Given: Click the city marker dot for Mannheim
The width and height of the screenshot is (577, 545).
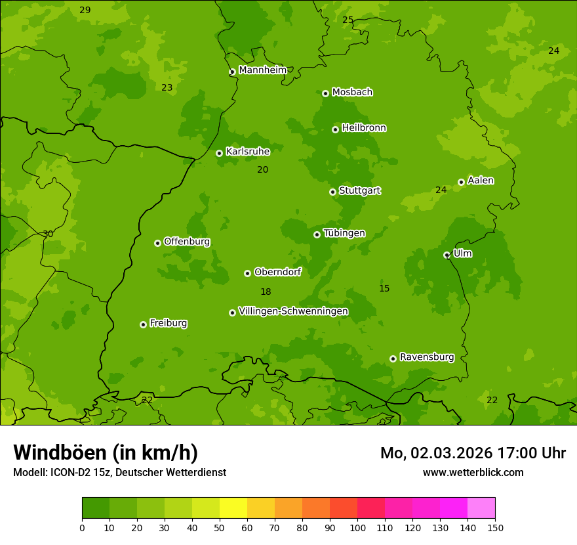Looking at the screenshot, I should tap(232, 72).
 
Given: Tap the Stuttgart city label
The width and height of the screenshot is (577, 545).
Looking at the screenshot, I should tap(359, 190).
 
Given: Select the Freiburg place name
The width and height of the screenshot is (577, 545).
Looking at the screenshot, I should tap(168, 323).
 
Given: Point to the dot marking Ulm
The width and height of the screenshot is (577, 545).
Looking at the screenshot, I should tap(447, 255).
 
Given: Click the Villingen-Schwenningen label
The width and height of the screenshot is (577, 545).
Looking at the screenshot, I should tap(293, 311).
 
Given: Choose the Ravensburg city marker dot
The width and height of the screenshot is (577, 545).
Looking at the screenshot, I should tap(393, 359).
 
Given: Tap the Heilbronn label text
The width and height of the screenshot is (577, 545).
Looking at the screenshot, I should tap(364, 128).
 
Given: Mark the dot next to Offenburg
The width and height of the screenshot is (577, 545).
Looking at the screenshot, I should tap(157, 243).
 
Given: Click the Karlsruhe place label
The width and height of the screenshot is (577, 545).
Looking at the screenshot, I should tap(248, 152).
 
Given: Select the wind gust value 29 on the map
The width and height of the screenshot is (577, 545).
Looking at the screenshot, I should tap(85, 10).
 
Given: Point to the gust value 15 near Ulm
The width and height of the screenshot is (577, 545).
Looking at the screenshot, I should tap(384, 288).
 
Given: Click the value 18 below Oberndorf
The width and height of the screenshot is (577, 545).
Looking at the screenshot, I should tap(266, 292).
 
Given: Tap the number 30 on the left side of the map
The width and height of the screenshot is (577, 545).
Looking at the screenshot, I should tap(48, 234).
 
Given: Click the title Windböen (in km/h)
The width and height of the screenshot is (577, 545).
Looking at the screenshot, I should tap(106, 452).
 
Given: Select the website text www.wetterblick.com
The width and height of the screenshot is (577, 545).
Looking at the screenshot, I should tap(473, 472).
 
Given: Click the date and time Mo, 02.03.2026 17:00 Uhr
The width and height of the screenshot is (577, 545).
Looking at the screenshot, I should tap(473, 453).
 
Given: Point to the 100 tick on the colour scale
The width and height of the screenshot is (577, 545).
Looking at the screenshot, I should tap(357, 527).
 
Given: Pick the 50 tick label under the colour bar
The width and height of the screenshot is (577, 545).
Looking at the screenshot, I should tap(220, 527).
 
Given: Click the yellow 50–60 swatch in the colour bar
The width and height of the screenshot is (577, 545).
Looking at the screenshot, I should tap(233, 508).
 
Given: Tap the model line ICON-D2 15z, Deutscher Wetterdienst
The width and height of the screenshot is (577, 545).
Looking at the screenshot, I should tap(119, 472).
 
